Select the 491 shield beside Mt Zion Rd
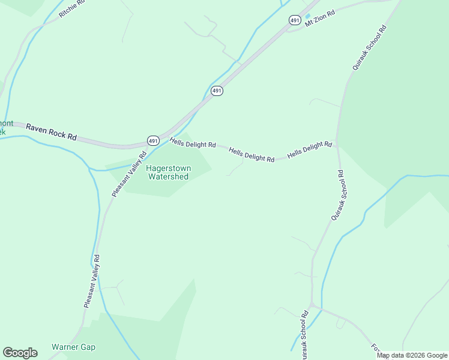coord(294,20)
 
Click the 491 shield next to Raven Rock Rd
coord(152,140)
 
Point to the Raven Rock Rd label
coord(52,132)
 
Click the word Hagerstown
coord(168,169)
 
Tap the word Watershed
coord(168,176)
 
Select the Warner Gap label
coord(73,347)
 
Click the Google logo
coord(20,353)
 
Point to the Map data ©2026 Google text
coord(412,355)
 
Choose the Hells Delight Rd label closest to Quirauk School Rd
coord(310,150)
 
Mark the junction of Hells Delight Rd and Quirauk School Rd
coord(337,143)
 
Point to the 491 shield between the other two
coord(217,91)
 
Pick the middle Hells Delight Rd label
coord(252,155)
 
